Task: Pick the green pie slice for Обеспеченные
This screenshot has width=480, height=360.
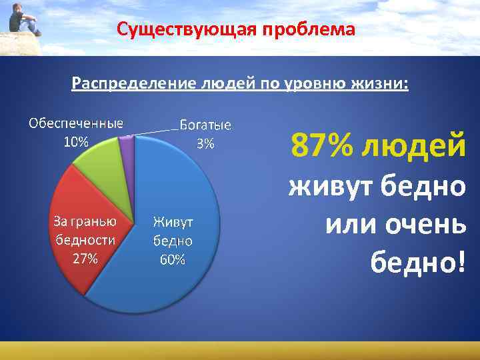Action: coord(100,160)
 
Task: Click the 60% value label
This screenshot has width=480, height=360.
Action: coord(172,259)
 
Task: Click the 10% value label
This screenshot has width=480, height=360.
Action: coord(75,141)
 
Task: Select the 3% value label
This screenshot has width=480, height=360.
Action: coord(205,143)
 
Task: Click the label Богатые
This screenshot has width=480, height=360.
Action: coord(205,125)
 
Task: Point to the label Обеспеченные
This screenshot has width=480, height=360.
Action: coord(75,123)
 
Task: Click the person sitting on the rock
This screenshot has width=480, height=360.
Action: coord(23,21)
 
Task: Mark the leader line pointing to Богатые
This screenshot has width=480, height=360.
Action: coord(157,131)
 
